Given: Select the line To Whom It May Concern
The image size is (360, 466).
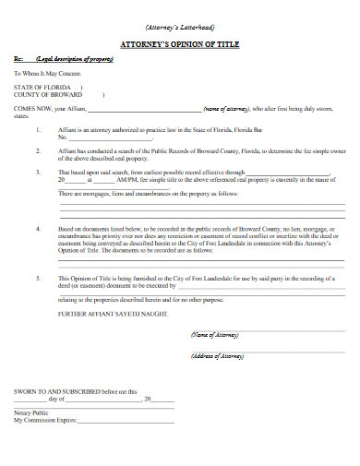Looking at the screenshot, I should coord(48,72).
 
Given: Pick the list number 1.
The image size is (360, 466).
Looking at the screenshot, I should coord(39,130).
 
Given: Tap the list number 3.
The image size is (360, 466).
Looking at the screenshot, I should coord(39,172).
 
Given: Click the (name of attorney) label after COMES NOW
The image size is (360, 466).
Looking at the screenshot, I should coord(225,109).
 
